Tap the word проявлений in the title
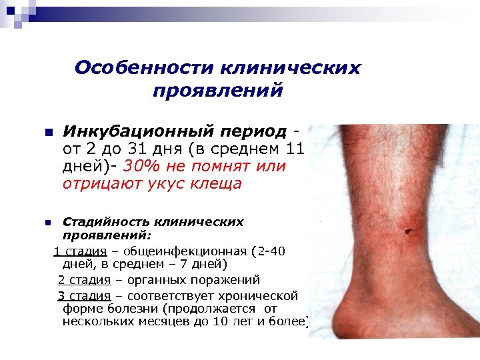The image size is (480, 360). pyautogui.click(x=218, y=90)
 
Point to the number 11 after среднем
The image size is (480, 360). pyautogui.click(x=293, y=149)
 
